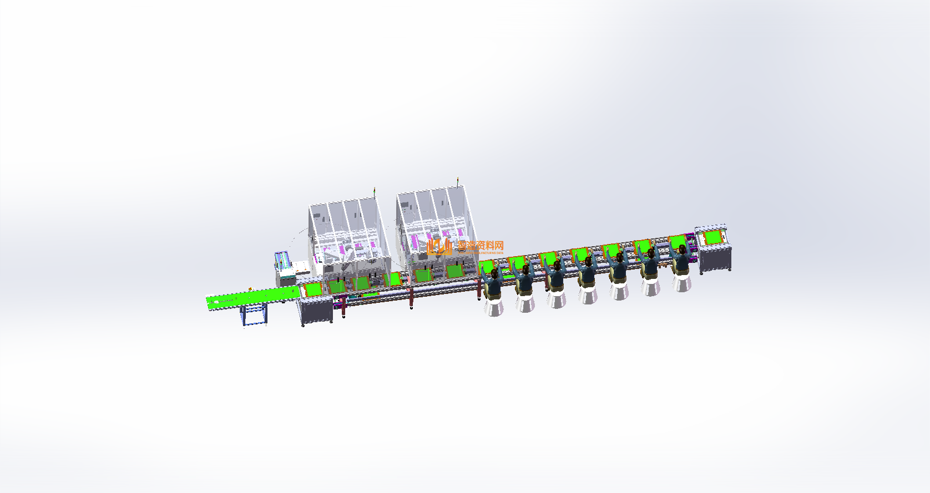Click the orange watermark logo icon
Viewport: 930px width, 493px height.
click(439, 247)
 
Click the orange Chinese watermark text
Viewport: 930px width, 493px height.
click(481, 245)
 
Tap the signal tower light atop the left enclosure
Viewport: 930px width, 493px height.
click(374, 191)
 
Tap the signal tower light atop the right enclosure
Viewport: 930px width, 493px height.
click(458, 181)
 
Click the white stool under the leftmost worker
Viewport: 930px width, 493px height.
click(494, 306)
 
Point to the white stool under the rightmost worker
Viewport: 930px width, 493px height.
click(682, 282)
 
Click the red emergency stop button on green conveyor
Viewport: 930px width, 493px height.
click(250, 289)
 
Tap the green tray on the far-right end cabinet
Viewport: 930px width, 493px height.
click(712, 237)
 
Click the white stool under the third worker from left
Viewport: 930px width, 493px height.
click(557, 299)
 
